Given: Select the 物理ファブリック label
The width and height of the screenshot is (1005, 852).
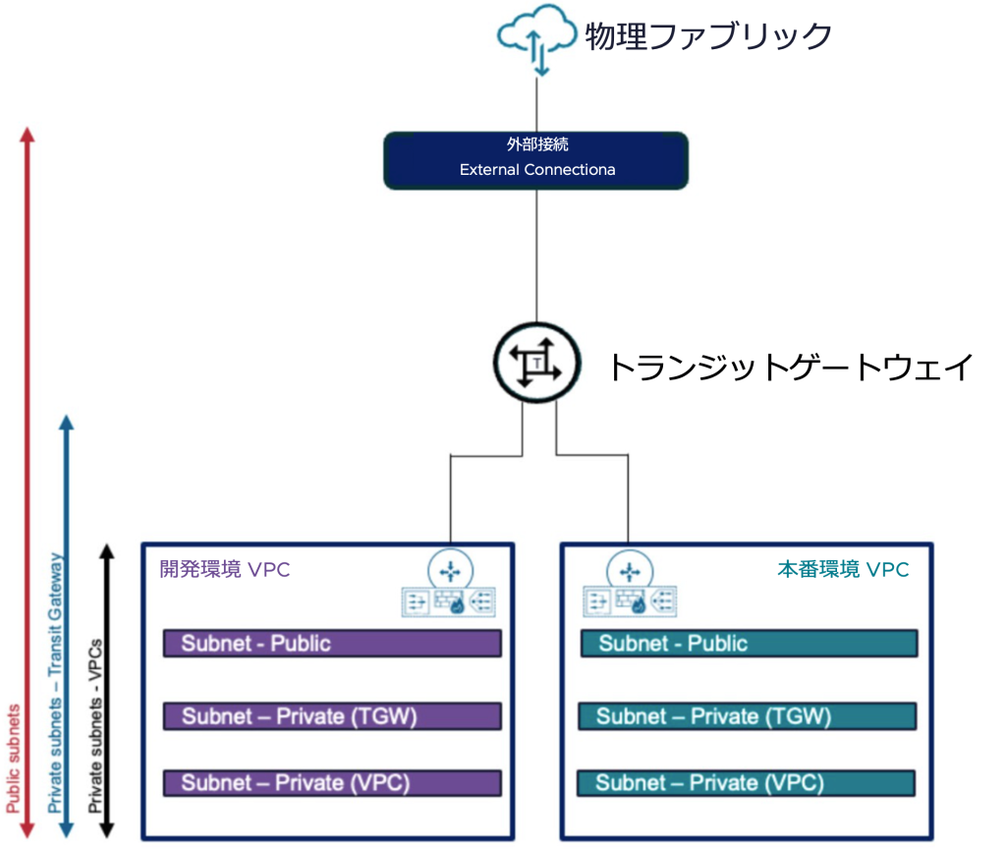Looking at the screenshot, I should point(708,37).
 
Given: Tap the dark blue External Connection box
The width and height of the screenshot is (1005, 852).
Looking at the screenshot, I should point(535,158).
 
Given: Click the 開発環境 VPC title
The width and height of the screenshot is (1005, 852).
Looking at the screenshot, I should point(225,570).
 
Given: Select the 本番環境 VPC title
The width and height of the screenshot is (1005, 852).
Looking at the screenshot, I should point(843,570).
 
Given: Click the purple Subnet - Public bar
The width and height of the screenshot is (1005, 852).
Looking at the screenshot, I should point(332,644).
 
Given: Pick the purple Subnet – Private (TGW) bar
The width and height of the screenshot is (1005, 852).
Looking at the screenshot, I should point(332,716).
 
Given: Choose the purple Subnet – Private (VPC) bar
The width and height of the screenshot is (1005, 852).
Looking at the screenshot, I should point(332,783).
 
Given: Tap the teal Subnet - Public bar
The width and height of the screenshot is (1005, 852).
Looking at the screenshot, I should point(749,644).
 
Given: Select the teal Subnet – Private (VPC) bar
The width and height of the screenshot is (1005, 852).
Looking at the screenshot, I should point(747,783).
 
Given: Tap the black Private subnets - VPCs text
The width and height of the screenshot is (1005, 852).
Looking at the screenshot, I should point(95,727).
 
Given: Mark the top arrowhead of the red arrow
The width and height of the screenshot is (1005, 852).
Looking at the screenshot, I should point(28,134).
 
